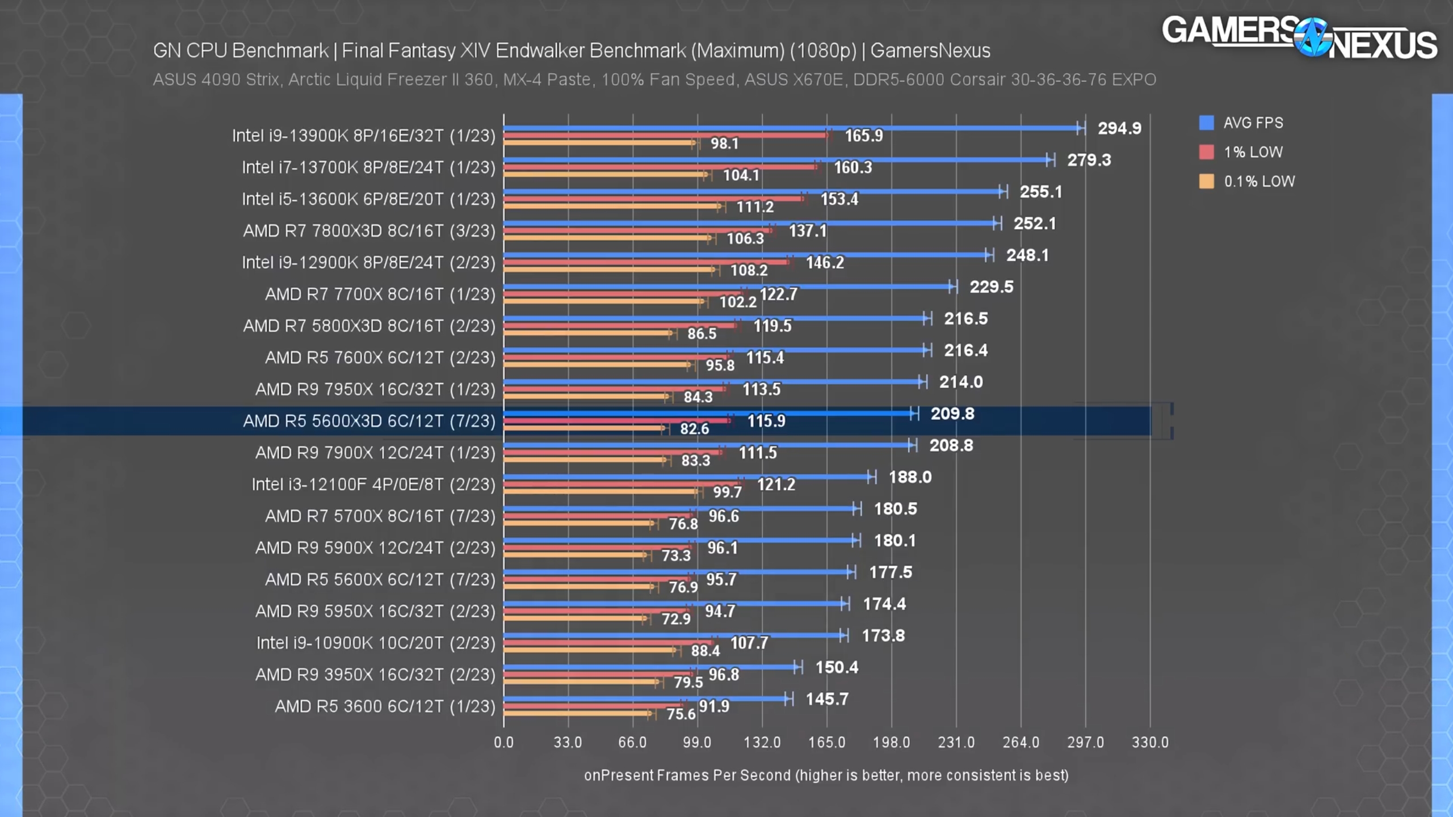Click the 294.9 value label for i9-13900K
click(x=1119, y=128)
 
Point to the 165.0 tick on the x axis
click(x=826, y=742)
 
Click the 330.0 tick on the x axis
click(x=1150, y=742)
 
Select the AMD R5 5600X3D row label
click(x=369, y=421)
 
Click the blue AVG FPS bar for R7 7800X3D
click(x=749, y=223)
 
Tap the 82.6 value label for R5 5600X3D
click(x=694, y=429)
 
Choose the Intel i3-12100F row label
click(x=373, y=485)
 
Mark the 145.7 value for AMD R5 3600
click(x=827, y=699)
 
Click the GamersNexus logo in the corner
click(x=1300, y=37)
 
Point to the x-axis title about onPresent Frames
click(x=826, y=776)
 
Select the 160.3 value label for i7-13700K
click(x=853, y=167)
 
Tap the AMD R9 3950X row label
click(x=375, y=675)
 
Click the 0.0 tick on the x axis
click(x=503, y=742)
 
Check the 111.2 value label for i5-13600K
click(x=755, y=207)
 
